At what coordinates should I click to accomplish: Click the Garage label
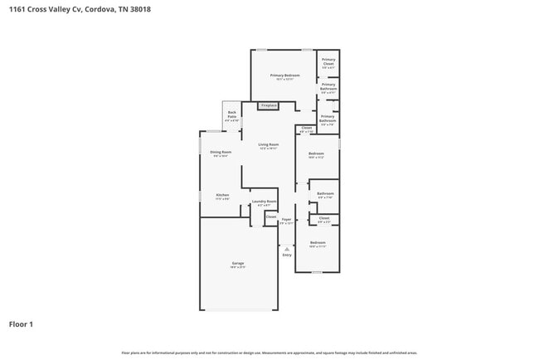point(237,263)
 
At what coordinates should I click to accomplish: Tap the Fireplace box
point(268,106)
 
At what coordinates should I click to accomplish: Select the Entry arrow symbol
point(287,248)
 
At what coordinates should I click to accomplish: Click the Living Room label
point(268,144)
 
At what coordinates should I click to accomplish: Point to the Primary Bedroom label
point(284,75)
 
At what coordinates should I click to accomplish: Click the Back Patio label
point(231,114)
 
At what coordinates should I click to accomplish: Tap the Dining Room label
point(220,152)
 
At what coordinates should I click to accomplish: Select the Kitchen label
point(222,195)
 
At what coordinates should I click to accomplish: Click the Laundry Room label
point(265,202)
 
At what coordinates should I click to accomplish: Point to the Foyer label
point(286,220)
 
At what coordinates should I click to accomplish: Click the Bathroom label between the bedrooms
point(325,193)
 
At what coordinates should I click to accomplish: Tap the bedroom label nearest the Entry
point(318,243)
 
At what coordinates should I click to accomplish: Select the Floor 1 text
point(21,324)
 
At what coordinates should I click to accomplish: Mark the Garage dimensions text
point(237,267)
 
